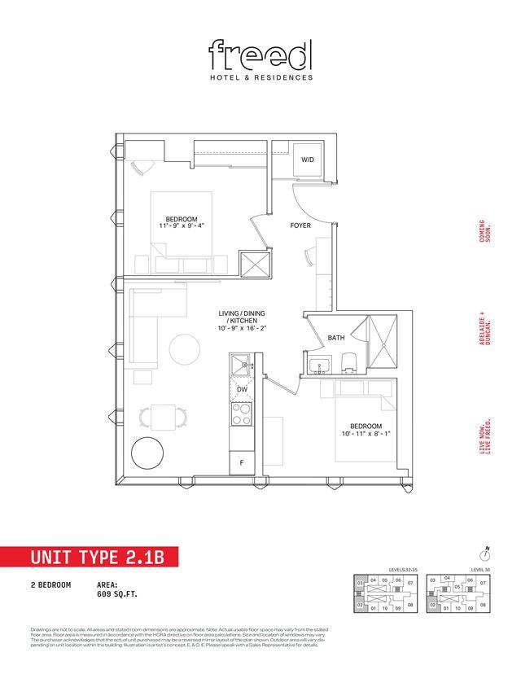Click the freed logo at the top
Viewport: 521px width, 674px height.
click(x=260, y=55)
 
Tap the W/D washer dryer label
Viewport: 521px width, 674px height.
click(x=308, y=160)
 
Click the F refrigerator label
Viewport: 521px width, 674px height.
click(x=241, y=462)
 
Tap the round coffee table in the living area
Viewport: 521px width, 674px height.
click(x=185, y=350)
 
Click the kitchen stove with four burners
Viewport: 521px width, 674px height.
click(x=242, y=415)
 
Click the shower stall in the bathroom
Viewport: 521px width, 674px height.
click(x=380, y=342)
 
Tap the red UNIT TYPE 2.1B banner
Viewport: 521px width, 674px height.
click(x=87, y=558)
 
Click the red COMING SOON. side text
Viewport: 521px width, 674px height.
click(x=485, y=234)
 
